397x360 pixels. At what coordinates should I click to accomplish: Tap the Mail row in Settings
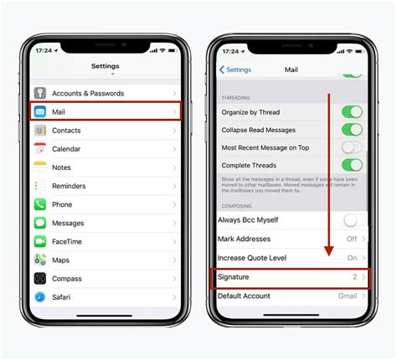(105, 111)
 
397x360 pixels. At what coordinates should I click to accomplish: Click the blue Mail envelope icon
(39, 111)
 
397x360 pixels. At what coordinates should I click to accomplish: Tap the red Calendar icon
(39, 149)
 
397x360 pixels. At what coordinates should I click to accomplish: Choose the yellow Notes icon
(39, 167)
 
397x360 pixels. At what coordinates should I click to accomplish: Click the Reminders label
(70, 186)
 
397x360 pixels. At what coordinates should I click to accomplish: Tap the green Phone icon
(39, 204)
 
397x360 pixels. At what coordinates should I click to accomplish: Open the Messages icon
(39, 223)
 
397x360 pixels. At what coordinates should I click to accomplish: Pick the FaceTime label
(69, 241)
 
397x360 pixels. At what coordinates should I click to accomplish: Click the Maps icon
(39, 260)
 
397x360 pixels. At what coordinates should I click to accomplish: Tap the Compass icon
(39, 278)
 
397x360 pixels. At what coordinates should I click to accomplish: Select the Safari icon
(39, 296)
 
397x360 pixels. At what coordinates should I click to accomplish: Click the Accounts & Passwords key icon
(39, 93)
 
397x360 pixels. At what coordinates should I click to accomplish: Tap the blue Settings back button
(236, 69)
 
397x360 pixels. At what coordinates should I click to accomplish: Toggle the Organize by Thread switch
(352, 111)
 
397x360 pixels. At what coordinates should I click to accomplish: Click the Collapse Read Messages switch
(352, 129)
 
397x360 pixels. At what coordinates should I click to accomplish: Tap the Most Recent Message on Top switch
(352, 147)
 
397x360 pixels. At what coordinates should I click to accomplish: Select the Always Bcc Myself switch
(352, 220)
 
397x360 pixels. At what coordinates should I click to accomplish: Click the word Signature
(234, 276)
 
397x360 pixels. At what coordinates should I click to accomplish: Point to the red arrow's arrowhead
(328, 251)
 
